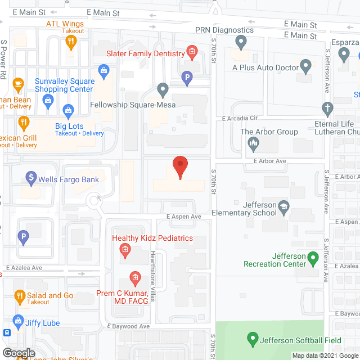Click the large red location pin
[179, 167]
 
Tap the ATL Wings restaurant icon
[71, 42]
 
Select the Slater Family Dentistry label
[146, 53]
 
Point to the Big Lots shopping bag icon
[69, 110]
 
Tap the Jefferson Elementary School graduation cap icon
[283, 206]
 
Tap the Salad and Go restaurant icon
[19, 295]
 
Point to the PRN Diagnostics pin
[241, 41]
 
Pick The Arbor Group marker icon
[253, 144]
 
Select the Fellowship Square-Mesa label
[133, 105]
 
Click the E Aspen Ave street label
[183, 217]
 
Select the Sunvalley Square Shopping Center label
[64, 85]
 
